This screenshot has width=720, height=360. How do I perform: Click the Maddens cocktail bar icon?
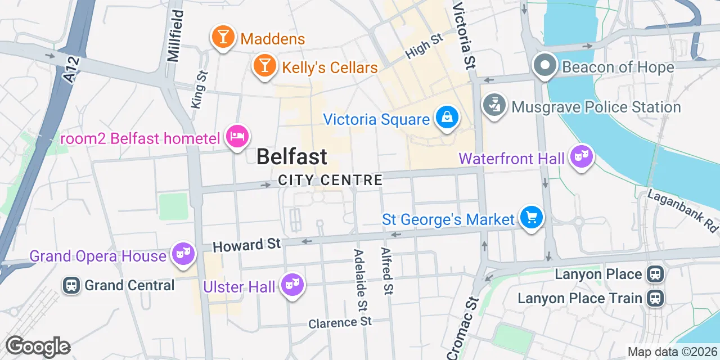[223, 37]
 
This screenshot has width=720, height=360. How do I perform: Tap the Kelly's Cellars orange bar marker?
[264, 66]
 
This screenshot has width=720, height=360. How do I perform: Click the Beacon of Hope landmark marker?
[544, 66]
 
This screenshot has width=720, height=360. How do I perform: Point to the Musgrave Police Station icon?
[494, 106]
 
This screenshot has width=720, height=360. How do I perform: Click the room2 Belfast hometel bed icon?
[237, 136]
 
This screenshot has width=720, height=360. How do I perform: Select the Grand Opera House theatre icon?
[183, 254]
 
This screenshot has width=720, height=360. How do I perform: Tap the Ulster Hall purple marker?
[292, 285]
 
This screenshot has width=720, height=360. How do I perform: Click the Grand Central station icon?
[71, 285]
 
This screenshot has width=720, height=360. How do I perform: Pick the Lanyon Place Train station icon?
[655, 298]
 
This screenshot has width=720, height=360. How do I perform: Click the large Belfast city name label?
[291, 156]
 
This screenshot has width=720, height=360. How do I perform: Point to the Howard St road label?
[246, 245]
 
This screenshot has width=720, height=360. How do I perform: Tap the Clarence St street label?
[340, 323]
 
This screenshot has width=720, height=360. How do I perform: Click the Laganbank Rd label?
[684, 210]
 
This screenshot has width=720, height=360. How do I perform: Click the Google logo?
[38, 346]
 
